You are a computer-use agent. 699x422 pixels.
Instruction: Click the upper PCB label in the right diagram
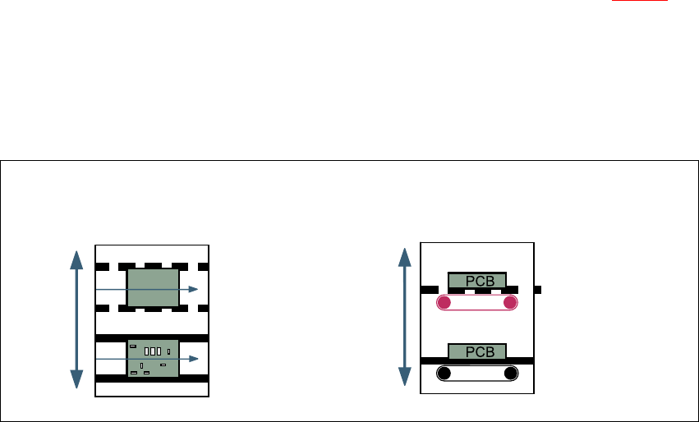pyautogui.click(x=476, y=281)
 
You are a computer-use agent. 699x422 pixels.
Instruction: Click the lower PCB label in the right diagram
pyautogui.click(x=476, y=351)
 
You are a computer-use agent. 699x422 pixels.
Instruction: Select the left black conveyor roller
pyautogui.click(x=444, y=374)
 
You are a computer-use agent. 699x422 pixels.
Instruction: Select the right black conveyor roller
pyautogui.click(x=510, y=374)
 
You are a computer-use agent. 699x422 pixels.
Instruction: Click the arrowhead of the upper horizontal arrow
pyautogui.click(x=194, y=289)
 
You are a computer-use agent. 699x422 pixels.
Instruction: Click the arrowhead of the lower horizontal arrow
pyautogui.click(x=194, y=359)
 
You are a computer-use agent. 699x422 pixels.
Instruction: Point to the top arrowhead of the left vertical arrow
pyautogui.click(x=76, y=260)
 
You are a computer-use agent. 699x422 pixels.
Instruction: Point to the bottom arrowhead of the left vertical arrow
pyautogui.click(x=76, y=378)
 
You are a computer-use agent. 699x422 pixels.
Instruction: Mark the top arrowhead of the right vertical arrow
pyautogui.click(x=404, y=256)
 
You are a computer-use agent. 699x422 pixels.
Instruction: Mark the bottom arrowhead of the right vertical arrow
pyautogui.click(x=404, y=377)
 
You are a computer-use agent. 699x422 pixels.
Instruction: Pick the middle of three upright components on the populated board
pyautogui.click(x=152, y=351)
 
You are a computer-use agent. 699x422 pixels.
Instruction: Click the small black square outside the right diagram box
pyautogui.click(x=537, y=289)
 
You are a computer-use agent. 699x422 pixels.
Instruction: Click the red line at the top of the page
pyautogui.click(x=644, y=1)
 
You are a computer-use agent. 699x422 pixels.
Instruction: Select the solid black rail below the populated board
pyautogui.click(x=152, y=378)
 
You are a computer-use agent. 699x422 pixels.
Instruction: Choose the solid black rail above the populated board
pyautogui.click(x=152, y=337)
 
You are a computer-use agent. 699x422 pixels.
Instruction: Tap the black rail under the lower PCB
pyautogui.click(x=476, y=360)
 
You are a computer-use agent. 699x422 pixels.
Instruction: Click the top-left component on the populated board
pyautogui.click(x=134, y=346)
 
